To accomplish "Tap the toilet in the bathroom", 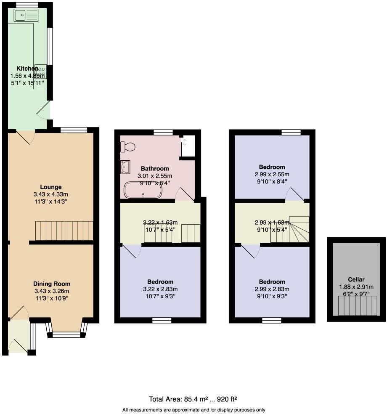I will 128,147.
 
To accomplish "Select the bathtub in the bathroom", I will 143,190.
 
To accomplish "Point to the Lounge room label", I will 51,187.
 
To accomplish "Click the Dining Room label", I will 52,284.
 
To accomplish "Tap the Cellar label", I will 356,279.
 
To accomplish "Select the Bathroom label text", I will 155,168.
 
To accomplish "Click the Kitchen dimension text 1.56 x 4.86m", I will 27,76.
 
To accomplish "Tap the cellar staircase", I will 357,305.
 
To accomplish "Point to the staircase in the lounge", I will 64,231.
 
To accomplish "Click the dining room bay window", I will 67,334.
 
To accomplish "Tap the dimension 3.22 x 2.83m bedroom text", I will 160,289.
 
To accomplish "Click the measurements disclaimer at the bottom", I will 193,409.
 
